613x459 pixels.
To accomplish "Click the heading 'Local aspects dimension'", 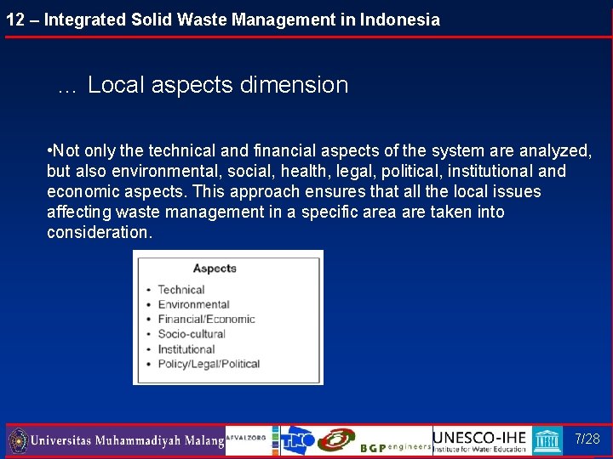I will pos(218,85).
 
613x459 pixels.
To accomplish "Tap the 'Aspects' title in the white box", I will pos(215,269).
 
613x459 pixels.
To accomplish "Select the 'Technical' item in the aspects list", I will pos(181,290).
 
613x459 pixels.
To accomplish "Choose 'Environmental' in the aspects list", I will pos(193,304).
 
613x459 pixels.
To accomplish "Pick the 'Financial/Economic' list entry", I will pos(206,320).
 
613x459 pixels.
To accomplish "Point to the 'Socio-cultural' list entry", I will pos(192,334).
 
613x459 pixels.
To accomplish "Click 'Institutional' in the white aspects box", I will pos(186,349).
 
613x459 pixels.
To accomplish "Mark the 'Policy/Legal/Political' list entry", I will pos(209,364).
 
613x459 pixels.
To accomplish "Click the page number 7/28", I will pos(587,439).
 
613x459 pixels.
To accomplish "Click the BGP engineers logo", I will pos(395,447).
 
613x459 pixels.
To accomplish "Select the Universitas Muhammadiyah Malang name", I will pos(127,441).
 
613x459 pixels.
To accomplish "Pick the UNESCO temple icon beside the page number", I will pos(547,439).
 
